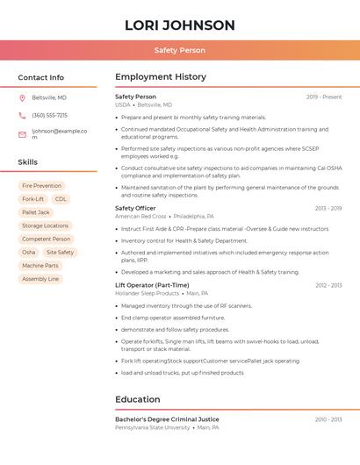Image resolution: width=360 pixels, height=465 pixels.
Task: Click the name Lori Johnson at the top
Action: coord(179,25)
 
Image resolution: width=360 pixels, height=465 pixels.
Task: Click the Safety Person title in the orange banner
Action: coord(179,50)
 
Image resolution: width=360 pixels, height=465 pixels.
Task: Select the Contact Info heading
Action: coord(40,77)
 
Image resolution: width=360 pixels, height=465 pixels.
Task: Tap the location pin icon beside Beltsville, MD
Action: coord(22,97)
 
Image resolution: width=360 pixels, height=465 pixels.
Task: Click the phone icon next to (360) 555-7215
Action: coord(22,115)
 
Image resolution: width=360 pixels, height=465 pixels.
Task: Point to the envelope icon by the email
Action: coord(22,134)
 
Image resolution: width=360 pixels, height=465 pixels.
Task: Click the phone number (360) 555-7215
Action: coord(49,115)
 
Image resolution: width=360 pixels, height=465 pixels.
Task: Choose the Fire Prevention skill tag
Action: coord(41,186)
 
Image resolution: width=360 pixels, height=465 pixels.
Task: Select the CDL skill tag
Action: coord(61,199)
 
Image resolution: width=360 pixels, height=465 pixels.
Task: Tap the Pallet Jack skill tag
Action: coord(36,212)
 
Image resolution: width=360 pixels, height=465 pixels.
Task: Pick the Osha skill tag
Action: coord(29,252)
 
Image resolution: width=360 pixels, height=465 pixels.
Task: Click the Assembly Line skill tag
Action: coord(40,279)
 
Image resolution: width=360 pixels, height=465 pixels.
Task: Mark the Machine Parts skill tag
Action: coord(40,265)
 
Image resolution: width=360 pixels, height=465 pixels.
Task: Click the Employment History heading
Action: coord(160,77)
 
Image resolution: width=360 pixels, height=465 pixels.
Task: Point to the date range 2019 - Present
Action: coord(324,97)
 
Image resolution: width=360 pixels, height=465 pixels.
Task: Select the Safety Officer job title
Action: coord(135,208)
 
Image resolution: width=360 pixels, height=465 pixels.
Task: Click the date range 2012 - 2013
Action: coord(328,285)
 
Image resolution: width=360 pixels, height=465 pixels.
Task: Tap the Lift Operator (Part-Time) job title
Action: coord(152,285)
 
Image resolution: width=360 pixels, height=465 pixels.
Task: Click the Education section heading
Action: coord(137,399)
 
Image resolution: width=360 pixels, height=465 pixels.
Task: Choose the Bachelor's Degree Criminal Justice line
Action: coord(167,419)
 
